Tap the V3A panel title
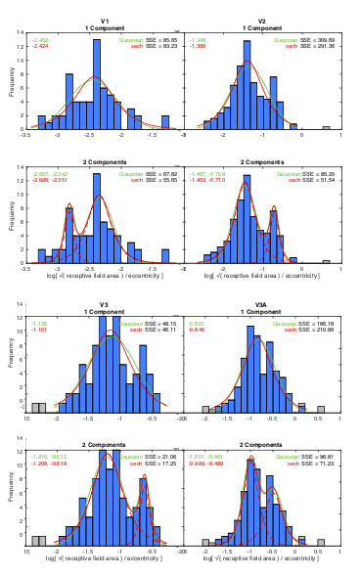[x=261, y=305]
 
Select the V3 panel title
[x=103, y=305]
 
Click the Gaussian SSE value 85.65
[x=165, y=40]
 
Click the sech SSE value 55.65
[x=165, y=181]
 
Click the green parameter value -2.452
[x=40, y=40]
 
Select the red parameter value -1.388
[x=199, y=46]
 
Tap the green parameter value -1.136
[x=40, y=323]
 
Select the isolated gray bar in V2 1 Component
[x=326, y=127]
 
